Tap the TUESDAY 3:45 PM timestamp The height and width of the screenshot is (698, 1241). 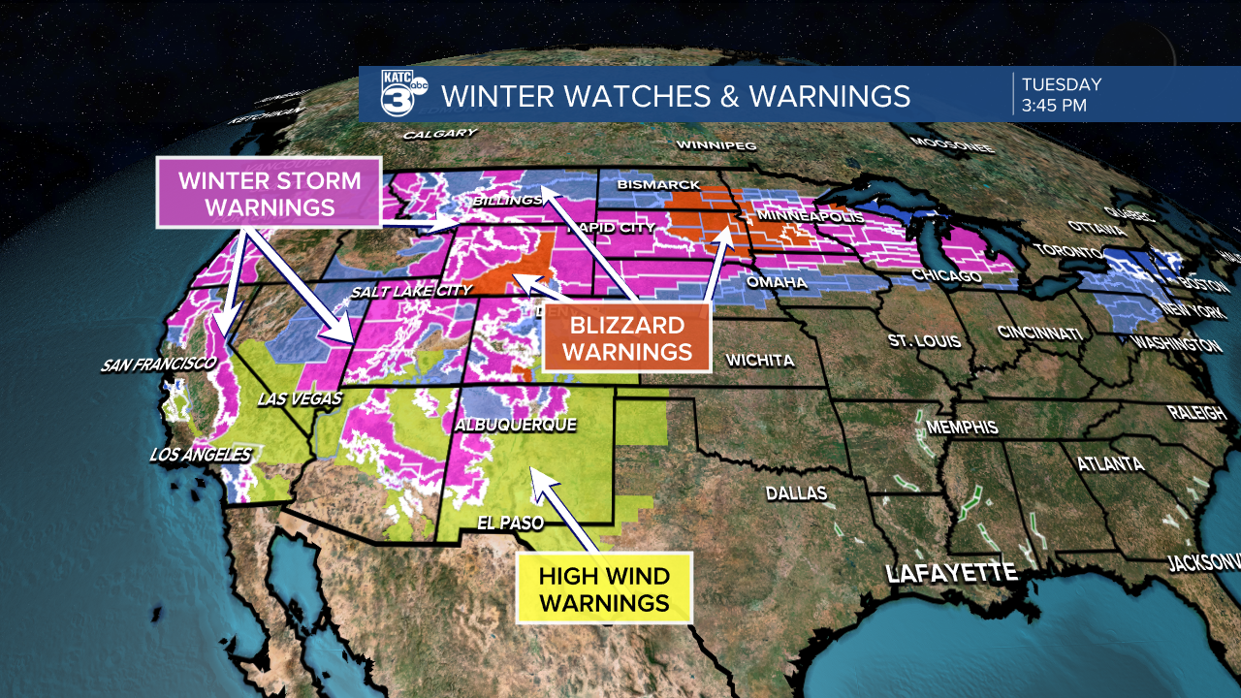[1061, 95]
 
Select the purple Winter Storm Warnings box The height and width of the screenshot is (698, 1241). [270, 193]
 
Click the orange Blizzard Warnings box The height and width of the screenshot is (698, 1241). [627, 337]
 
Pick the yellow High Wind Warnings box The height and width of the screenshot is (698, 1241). [604, 588]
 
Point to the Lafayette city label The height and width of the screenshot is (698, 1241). [951, 572]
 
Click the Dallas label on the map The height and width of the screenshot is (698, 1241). [796, 492]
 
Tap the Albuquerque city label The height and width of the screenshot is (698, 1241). [516, 425]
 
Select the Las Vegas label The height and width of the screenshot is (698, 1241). [300, 399]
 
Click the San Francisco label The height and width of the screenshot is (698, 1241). [158, 365]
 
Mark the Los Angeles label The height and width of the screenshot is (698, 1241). [200, 454]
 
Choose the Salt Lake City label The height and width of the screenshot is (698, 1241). [411, 290]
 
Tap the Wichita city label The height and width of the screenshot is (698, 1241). [759, 360]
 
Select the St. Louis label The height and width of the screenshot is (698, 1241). [924, 341]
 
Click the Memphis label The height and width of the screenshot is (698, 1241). [962, 427]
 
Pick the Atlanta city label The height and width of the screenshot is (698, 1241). [1110, 464]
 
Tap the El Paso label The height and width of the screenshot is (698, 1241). [505, 522]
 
